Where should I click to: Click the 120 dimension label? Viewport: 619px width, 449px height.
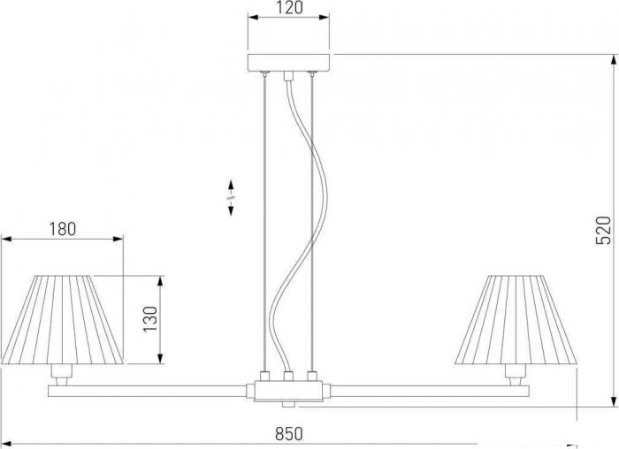tap(289, 7)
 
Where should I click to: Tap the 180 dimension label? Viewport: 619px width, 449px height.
tap(63, 229)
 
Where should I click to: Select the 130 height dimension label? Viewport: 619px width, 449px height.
tap(150, 319)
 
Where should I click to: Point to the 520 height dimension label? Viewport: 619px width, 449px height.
tap(603, 230)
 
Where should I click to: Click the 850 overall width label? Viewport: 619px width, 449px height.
tap(289, 434)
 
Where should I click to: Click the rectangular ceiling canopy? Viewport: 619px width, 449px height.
tap(288, 63)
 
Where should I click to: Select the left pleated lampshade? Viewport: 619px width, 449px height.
tap(63, 320)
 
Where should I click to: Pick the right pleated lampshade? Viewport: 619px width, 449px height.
tap(516, 320)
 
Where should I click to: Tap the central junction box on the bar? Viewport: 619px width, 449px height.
tap(288, 391)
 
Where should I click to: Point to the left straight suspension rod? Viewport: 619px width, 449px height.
tap(265, 223)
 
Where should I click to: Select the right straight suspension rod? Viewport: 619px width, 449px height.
tap(312, 223)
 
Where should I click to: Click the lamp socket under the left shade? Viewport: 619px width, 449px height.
tap(62, 376)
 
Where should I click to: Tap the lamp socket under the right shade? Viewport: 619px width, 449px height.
tap(516, 376)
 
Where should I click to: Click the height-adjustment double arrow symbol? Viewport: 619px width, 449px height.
tap(231, 198)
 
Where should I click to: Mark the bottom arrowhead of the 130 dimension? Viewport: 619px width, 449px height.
tap(160, 357)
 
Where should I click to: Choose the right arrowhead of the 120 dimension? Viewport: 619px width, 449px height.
tap(324, 17)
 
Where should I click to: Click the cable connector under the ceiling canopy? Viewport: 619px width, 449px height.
tap(288, 76)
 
